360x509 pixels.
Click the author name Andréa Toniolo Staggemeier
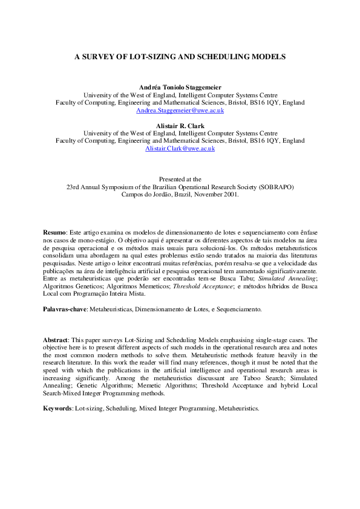[x=180, y=88]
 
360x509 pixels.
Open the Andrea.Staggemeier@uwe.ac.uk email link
[x=180, y=111]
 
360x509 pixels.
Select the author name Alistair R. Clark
[x=180, y=126]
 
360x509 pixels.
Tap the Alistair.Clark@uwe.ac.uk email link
[x=180, y=149]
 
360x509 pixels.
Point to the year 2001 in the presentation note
[x=231, y=195]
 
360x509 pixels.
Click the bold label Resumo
[x=54, y=233]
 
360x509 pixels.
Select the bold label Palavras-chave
[x=65, y=309]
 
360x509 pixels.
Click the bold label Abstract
[x=56, y=340]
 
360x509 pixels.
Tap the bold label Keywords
[x=57, y=409]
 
